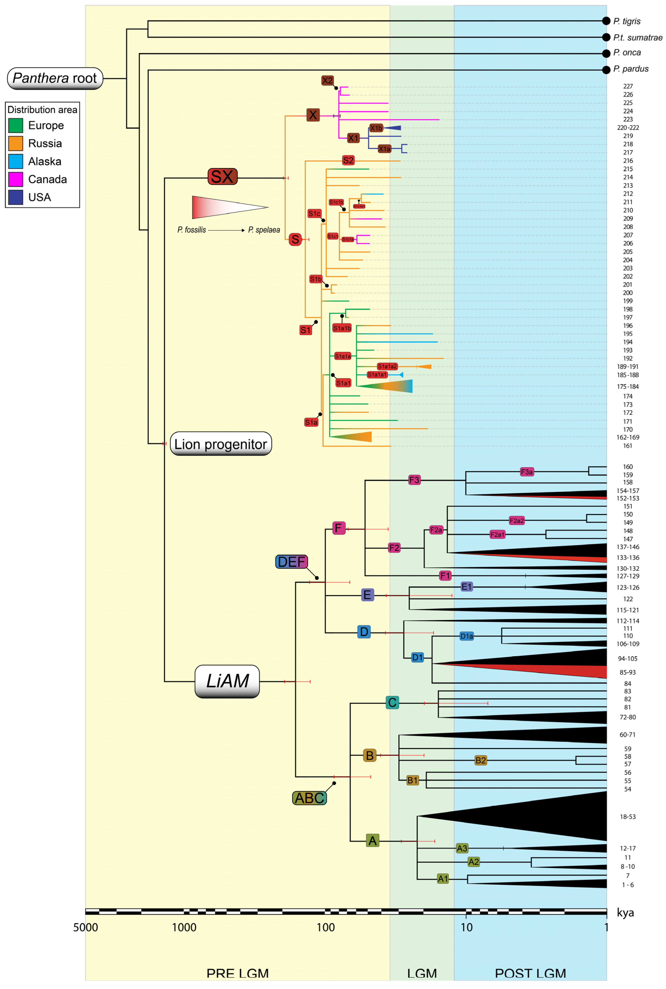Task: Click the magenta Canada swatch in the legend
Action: tap(16, 180)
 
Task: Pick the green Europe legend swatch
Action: tap(16, 126)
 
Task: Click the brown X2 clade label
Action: tap(327, 80)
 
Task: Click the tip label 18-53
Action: tap(627, 817)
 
